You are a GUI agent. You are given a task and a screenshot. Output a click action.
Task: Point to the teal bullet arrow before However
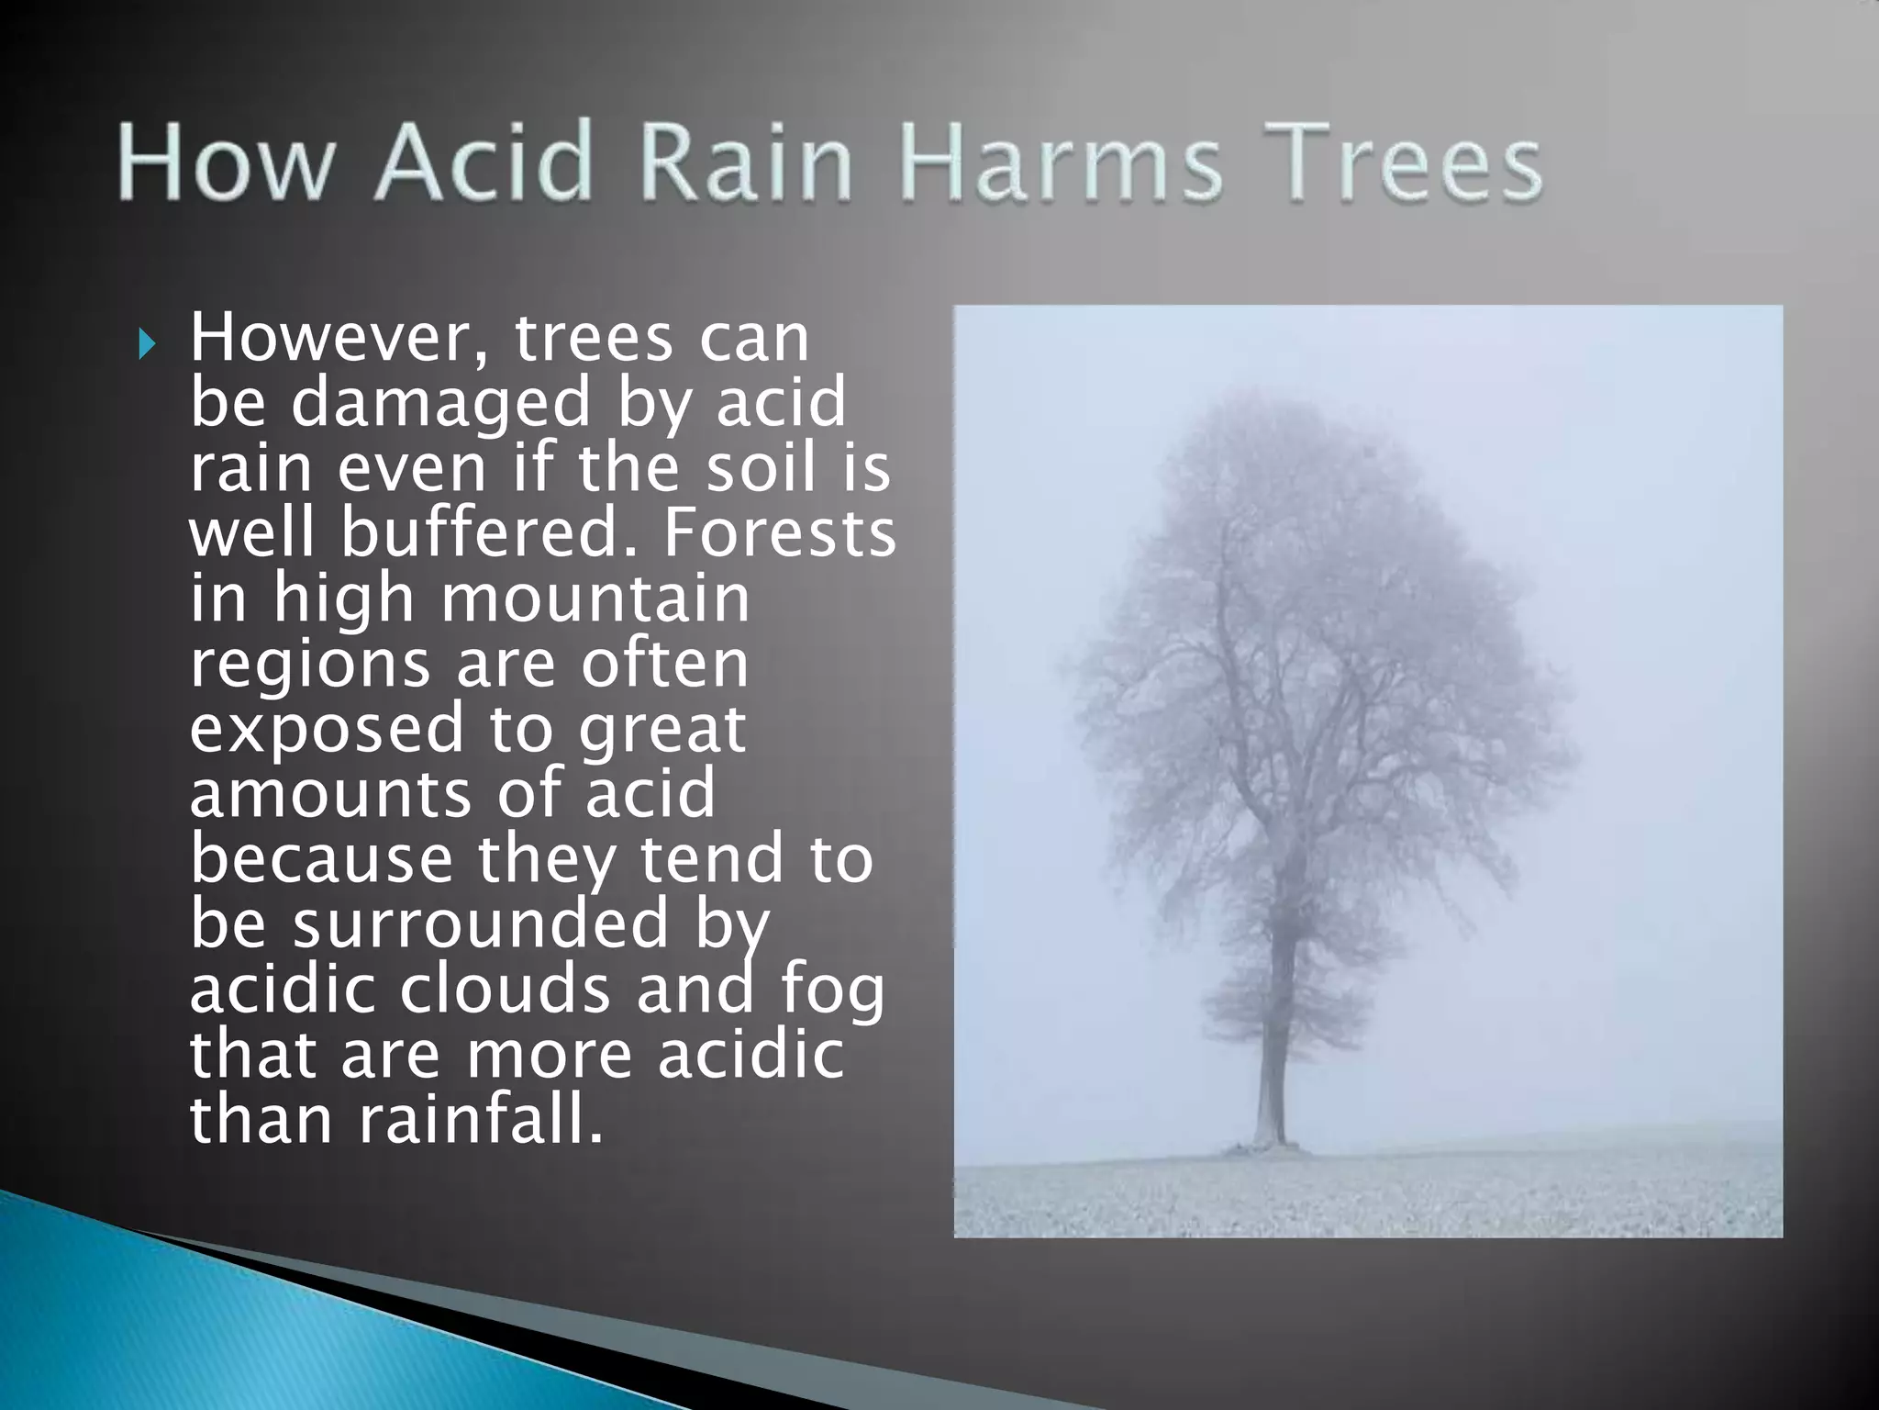[147, 346]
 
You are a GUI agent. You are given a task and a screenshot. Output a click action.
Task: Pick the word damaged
[440, 404]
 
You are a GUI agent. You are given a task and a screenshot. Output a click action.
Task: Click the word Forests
[779, 533]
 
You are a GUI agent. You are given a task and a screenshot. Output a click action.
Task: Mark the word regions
[309, 665]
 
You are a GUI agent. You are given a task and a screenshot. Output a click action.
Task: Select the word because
[321, 859]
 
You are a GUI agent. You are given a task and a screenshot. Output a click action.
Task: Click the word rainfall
[481, 1120]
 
